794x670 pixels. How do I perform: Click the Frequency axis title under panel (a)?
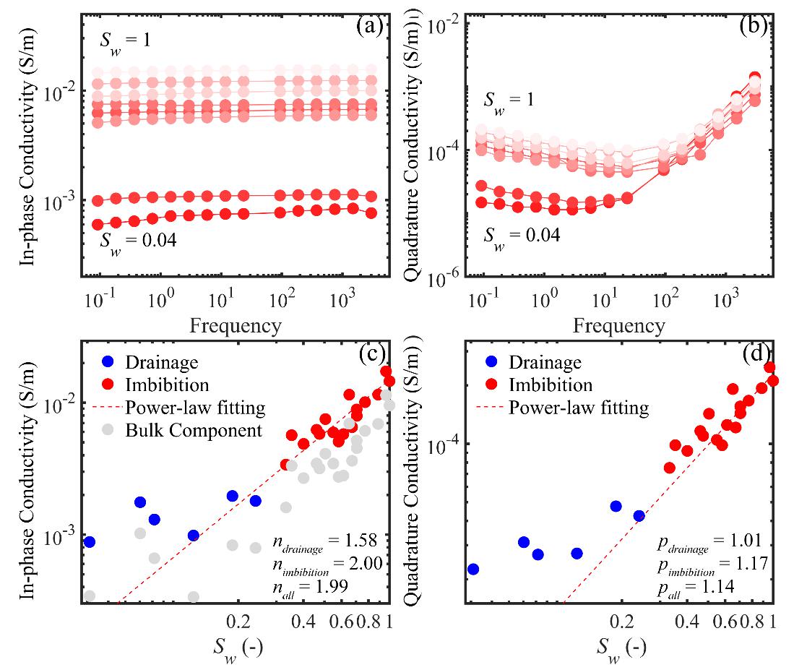pyautogui.click(x=236, y=325)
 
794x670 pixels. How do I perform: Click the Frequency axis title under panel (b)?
pyautogui.click(x=619, y=325)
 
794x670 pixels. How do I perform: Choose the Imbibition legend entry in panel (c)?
pyautogui.click(x=167, y=385)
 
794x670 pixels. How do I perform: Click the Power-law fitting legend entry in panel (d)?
pyautogui.click(x=579, y=408)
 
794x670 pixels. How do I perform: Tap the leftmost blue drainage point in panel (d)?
pyautogui.click(x=473, y=569)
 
